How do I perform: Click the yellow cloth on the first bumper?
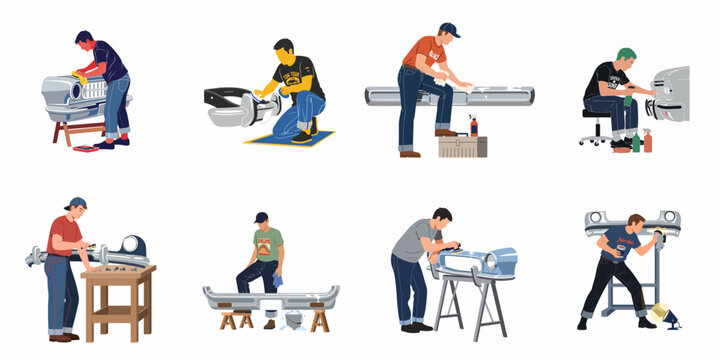71,75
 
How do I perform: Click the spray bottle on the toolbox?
473,125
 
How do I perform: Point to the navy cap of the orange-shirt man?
450,31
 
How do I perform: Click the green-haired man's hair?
626,54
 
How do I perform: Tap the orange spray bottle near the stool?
647,139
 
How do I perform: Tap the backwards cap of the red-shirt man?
75,204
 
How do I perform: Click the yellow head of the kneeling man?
284,50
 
